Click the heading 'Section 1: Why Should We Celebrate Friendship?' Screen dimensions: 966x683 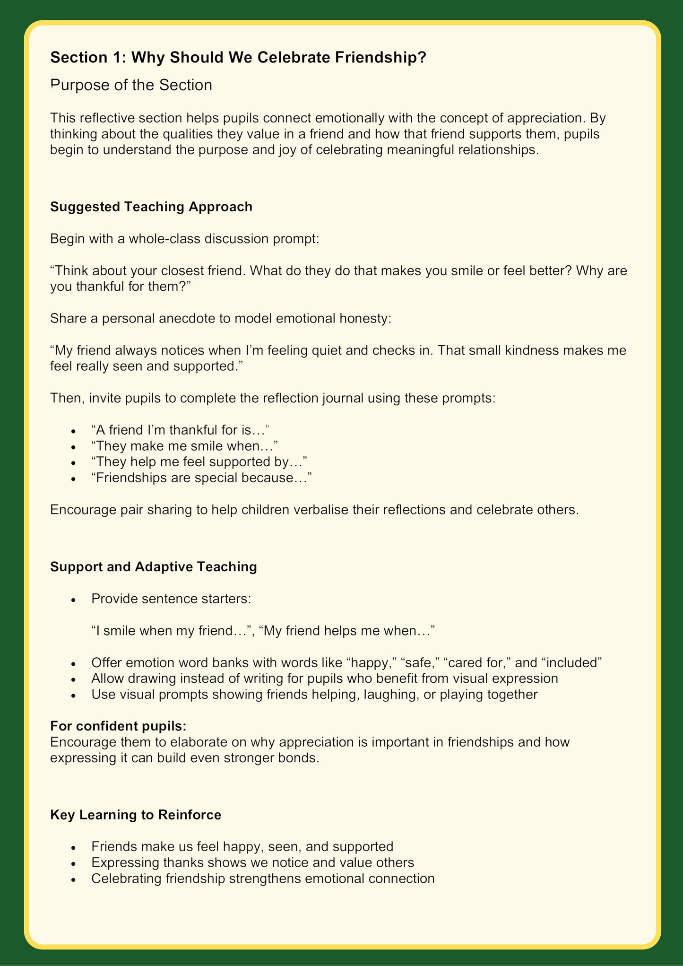(238, 57)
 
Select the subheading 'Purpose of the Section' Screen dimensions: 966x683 (131, 85)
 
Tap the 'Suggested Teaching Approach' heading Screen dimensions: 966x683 (151, 207)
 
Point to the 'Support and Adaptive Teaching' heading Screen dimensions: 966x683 (154, 566)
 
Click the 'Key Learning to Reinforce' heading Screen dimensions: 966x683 (136, 815)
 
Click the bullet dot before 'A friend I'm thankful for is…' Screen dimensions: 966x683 (73, 431)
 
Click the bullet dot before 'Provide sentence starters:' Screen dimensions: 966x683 (73, 600)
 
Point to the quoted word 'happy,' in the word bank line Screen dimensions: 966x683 (372, 662)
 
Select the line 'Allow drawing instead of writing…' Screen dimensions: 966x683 (325, 679)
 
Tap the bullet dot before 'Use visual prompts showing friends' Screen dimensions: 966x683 (73, 695)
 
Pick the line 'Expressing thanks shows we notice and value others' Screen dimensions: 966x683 (253, 862)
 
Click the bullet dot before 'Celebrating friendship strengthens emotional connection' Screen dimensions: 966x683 (73, 879)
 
